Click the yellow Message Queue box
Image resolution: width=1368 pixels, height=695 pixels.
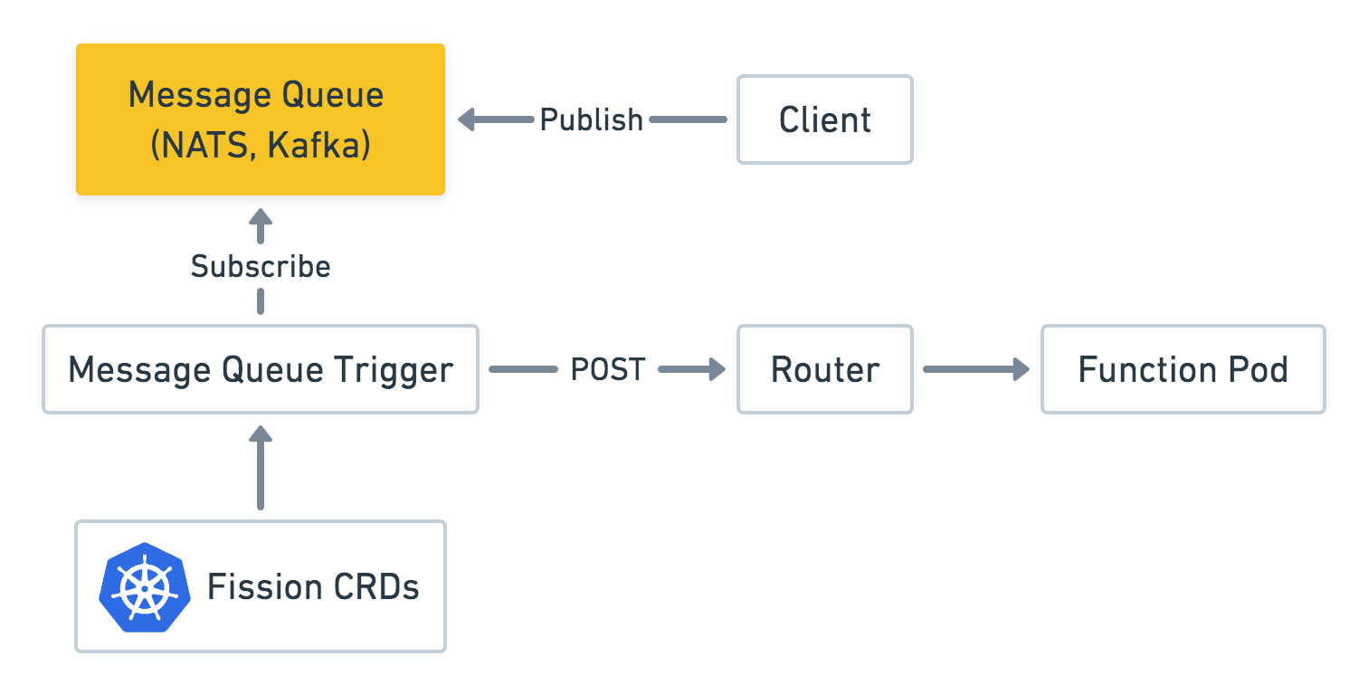coord(261,119)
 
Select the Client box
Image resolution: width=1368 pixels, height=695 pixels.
coord(824,119)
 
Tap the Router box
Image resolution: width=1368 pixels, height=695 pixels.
coord(824,369)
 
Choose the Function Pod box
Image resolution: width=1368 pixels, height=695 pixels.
coord(1183,369)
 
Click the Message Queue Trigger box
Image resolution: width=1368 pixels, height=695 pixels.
coord(261,369)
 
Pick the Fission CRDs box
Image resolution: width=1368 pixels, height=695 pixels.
coord(261,586)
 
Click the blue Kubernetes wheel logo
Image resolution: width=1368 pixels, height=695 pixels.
coord(145,587)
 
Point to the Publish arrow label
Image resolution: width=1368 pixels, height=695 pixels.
coord(591,119)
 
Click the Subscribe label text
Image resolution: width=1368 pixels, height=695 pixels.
coord(261,267)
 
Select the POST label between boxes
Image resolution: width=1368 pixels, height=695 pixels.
coord(607,369)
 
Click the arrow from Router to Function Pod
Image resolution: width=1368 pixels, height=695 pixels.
coord(976,369)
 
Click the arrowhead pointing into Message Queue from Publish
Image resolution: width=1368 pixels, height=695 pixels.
coord(467,119)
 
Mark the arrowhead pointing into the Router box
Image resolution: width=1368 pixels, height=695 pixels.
coord(717,369)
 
